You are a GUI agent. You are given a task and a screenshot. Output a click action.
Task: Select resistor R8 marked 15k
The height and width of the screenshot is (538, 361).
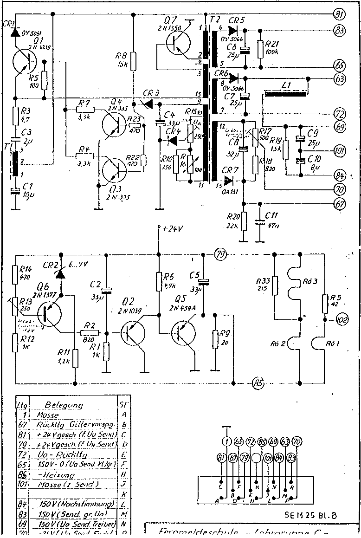tap(134, 60)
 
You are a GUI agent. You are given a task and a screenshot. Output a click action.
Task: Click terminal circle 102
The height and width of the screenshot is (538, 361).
tap(342, 320)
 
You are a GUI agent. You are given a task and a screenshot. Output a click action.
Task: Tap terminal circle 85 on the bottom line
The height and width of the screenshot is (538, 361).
tap(258, 383)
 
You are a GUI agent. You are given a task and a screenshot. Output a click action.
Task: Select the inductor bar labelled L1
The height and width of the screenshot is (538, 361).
tap(285, 95)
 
